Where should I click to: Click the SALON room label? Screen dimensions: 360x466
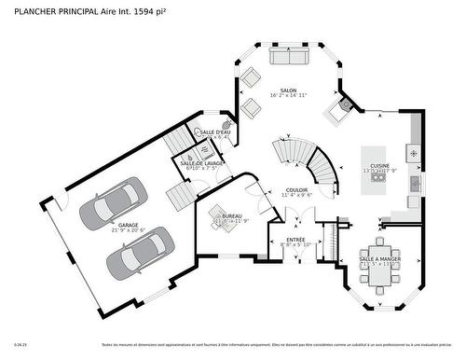[288, 90]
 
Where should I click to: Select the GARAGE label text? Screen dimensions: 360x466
[128, 224]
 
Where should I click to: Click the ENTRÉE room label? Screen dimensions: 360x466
[295, 239]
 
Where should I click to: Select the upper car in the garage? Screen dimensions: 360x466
[112, 205]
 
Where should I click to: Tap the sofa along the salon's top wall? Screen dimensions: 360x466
[290, 57]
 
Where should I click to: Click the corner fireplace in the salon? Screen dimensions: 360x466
[339, 111]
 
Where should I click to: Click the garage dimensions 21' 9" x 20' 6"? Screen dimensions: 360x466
[128, 230]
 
